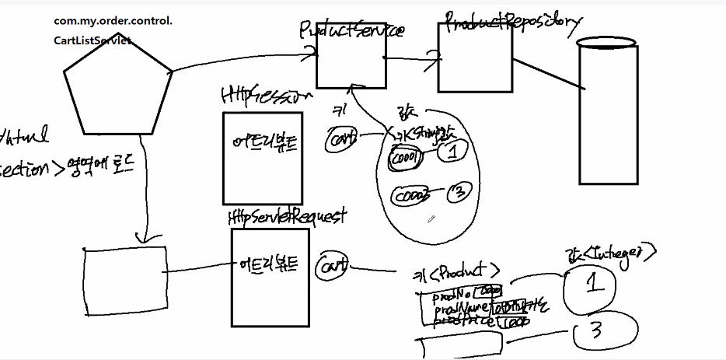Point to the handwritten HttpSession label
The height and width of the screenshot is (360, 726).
point(267,96)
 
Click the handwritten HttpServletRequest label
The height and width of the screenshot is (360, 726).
point(287,216)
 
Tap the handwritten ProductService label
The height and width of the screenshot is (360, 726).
point(351,30)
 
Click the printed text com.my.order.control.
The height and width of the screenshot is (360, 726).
point(113,21)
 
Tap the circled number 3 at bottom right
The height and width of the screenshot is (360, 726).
point(597,333)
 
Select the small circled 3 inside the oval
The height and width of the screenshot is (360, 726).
point(459,192)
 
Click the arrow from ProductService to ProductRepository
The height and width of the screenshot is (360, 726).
point(412,57)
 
